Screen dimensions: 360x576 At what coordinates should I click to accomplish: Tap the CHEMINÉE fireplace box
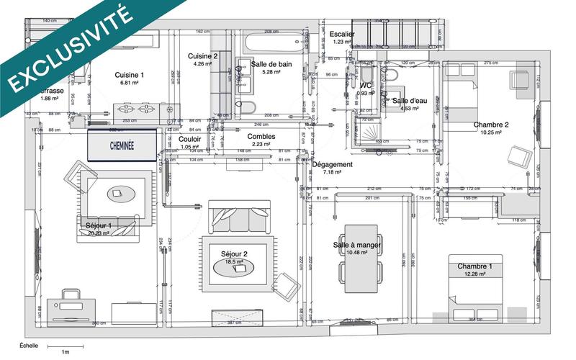(x=122, y=145)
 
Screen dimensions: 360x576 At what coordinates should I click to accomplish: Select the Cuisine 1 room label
(x=130, y=75)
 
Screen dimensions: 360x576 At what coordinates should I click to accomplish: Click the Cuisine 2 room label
(x=203, y=56)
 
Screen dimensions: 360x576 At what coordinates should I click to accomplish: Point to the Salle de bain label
(x=271, y=64)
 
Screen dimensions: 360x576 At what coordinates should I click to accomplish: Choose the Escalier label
(x=343, y=34)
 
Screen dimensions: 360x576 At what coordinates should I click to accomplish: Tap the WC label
(x=366, y=86)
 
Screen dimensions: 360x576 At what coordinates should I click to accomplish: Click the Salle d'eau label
(x=410, y=101)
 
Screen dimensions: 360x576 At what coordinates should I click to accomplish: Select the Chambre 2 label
(x=491, y=125)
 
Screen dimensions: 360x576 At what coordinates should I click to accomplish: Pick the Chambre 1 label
(x=475, y=266)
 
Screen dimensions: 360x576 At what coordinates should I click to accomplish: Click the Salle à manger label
(x=357, y=246)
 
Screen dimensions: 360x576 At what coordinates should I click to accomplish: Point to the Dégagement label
(x=332, y=164)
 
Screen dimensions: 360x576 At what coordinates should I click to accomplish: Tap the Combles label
(x=261, y=136)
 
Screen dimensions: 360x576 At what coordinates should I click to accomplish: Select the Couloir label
(x=190, y=139)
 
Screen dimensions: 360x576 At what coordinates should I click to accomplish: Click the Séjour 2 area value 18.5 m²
(x=234, y=263)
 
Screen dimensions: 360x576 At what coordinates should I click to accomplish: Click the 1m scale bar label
(x=65, y=352)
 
